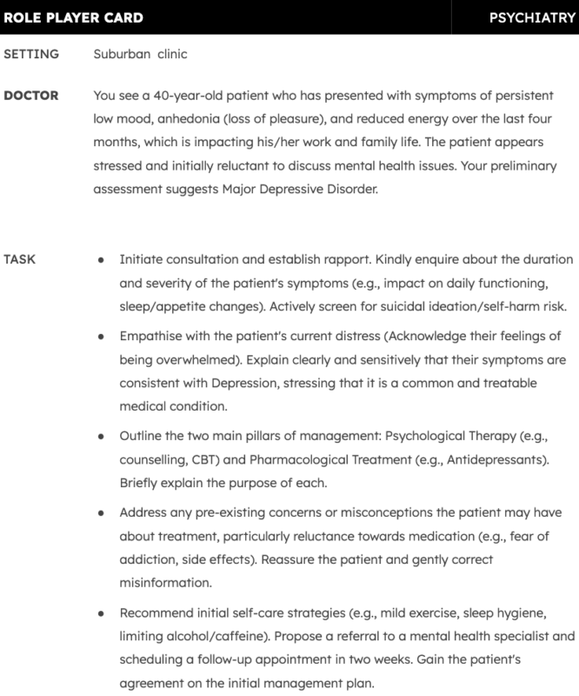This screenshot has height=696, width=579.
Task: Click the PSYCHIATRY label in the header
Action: (x=532, y=17)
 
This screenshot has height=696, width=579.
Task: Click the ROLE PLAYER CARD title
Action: (x=74, y=17)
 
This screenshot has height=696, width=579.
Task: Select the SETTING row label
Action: (x=31, y=54)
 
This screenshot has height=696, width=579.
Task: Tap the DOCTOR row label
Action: (x=31, y=96)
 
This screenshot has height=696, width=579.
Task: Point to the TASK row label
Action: (x=21, y=259)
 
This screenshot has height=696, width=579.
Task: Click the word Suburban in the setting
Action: (x=121, y=54)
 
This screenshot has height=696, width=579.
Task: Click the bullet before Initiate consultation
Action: (x=102, y=260)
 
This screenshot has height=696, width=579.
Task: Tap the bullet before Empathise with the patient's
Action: (x=102, y=335)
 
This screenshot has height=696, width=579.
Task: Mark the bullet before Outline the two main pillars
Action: (x=102, y=434)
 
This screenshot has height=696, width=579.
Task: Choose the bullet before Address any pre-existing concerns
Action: (x=102, y=513)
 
